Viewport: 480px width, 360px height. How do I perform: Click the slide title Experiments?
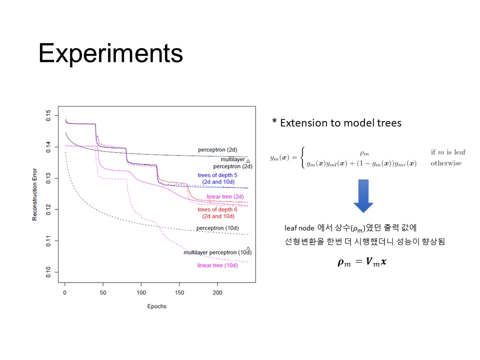coord(110,54)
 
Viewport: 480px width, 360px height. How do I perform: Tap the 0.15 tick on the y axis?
coord(48,115)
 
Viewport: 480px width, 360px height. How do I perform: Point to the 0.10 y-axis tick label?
coord(48,272)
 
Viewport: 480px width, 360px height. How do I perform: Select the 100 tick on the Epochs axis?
coord(141,292)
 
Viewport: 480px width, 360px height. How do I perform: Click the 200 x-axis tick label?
coord(217,292)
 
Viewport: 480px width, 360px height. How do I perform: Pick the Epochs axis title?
coord(156,306)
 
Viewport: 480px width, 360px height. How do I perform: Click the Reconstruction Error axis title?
coord(34,194)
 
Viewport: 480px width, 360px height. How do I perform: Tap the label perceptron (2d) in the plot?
coord(217,149)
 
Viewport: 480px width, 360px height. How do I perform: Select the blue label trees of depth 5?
coord(217,175)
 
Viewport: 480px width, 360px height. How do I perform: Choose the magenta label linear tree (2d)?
coord(225,196)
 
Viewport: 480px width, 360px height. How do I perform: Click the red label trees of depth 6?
coord(217,209)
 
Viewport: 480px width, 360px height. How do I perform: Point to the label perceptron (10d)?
coord(217,228)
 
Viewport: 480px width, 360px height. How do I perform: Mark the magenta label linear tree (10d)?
coord(217,265)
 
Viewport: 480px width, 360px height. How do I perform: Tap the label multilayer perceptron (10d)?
coord(217,252)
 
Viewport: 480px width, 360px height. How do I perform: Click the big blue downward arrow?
coord(363,196)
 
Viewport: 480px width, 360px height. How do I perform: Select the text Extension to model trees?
coord(340,123)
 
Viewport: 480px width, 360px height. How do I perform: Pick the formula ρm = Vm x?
coord(362,262)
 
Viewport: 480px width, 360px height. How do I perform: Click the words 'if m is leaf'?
coord(448,152)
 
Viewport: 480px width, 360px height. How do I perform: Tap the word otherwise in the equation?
coord(446,163)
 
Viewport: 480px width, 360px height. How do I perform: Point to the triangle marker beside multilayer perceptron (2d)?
coord(248,161)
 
